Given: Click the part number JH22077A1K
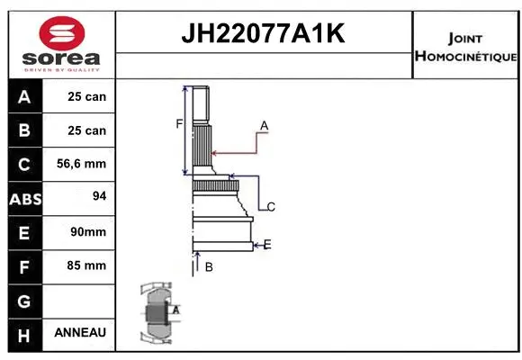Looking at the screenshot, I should [x=263, y=34].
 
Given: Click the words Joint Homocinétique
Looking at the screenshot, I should [x=465, y=48].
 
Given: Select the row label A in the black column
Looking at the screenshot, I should [x=23, y=96].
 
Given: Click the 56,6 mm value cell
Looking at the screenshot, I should [x=81, y=165].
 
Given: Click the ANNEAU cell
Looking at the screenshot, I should [x=81, y=333].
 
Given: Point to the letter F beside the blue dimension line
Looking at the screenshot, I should [x=179, y=123].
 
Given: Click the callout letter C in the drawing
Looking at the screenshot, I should [x=270, y=207].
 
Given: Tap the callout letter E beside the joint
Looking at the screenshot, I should [x=267, y=244].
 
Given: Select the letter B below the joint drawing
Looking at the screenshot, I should [x=208, y=266].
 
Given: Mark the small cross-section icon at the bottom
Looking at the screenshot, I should [x=158, y=315].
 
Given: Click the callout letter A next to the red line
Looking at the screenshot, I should [x=265, y=124].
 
